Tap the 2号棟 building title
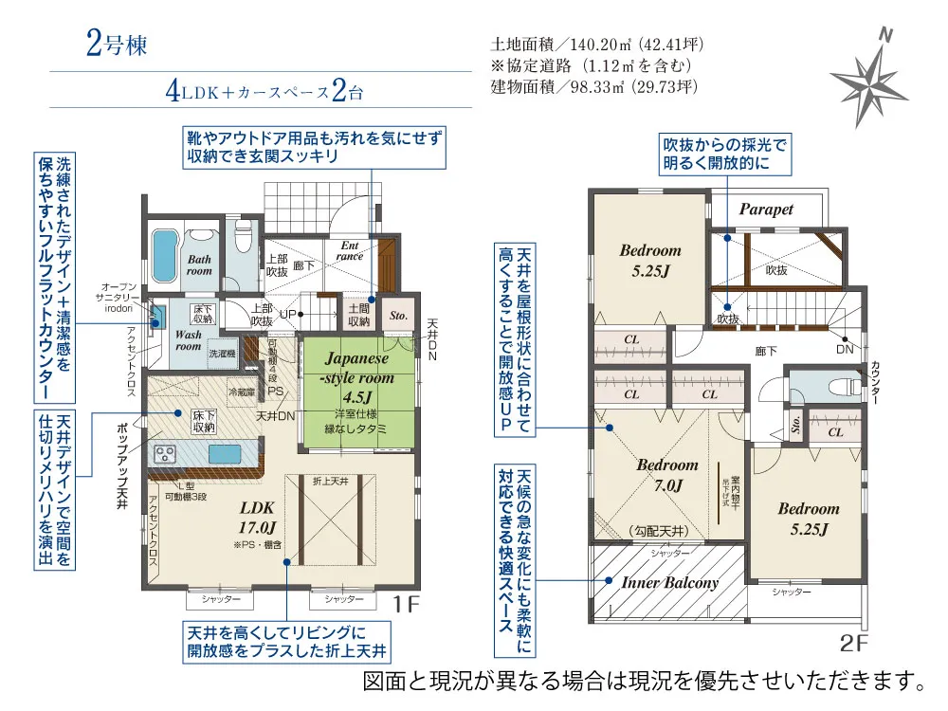(x=116, y=46)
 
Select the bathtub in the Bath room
(x=164, y=256)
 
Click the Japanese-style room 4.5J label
(x=357, y=376)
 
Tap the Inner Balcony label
(x=669, y=582)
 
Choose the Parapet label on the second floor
(x=766, y=210)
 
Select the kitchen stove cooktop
(x=165, y=452)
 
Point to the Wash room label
(x=188, y=340)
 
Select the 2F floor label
(x=853, y=645)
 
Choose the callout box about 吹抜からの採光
(x=725, y=154)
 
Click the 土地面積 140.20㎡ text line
(x=596, y=45)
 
